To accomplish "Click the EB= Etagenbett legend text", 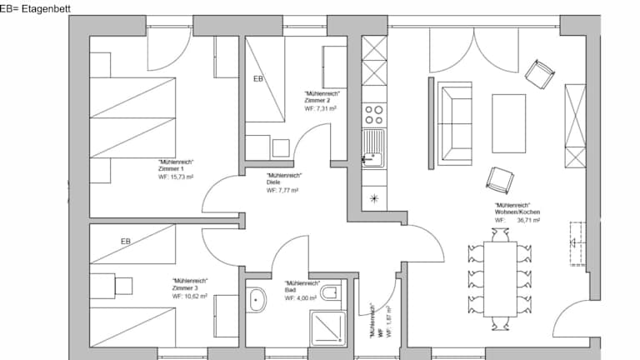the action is click(35, 8).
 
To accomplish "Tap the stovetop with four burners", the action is click(374, 115).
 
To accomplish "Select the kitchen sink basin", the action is click(373, 147).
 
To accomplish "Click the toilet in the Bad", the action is click(331, 292).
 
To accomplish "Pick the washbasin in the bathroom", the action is click(256, 300).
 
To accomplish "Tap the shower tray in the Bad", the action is click(328, 328).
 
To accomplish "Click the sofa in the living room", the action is click(455, 123).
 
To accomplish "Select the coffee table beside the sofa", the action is click(508, 123).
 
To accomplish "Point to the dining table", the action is click(500, 279).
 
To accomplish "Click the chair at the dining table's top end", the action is click(500, 235).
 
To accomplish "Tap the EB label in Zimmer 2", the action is click(258, 79).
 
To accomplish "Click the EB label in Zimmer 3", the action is click(126, 242).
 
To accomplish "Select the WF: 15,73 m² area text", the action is click(176, 177).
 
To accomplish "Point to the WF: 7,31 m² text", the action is click(320, 108).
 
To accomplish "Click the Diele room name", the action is click(273, 182).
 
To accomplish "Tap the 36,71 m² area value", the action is click(528, 220).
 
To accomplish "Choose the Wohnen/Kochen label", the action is click(517, 212).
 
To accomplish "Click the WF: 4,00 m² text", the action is click(300, 298).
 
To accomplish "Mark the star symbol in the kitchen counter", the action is click(374, 199).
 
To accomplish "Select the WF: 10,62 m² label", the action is click(189, 297).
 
